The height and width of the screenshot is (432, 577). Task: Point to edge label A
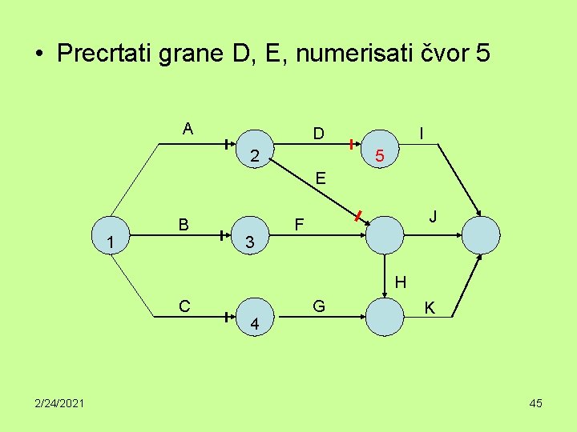pyautogui.click(x=188, y=128)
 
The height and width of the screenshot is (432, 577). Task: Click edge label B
pyautogui.click(x=184, y=225)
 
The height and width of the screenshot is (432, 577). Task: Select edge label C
pyautogui.click(x=185, y=306)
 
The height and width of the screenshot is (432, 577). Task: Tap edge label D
pyautogui.click(x=318, y=133)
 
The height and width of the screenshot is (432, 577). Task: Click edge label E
pyautogui.click(x=320, y=179)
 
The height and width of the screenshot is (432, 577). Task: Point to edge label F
pyautogui.click(x=298, y=226)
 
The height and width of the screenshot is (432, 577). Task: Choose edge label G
pyautogui.click(x=319, y=306)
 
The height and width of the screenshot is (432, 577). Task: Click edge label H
pyautogui.click(x=401, y=282)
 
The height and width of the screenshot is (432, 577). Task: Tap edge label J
pyautogui.click(x=432, y=217)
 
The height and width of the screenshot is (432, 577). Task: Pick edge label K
pyautogui.click(x=430, y=308)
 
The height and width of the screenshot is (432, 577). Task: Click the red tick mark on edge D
pyautogui.click(x=351, y=144)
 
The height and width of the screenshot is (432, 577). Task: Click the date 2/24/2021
pyautogui.click(x=55, y=403)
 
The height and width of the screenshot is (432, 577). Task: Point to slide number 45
pyautogui.click(x=535, y=403)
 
